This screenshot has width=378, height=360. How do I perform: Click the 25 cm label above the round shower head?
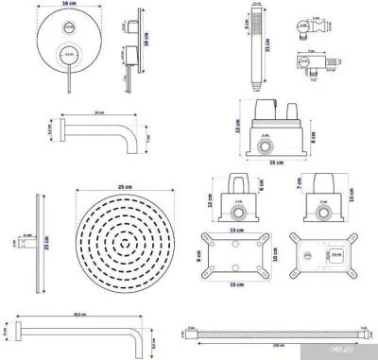tap(117, 186)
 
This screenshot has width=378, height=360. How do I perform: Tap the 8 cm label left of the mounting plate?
tap(199, 254)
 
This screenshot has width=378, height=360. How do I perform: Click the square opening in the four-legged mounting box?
tap(335, 254)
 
